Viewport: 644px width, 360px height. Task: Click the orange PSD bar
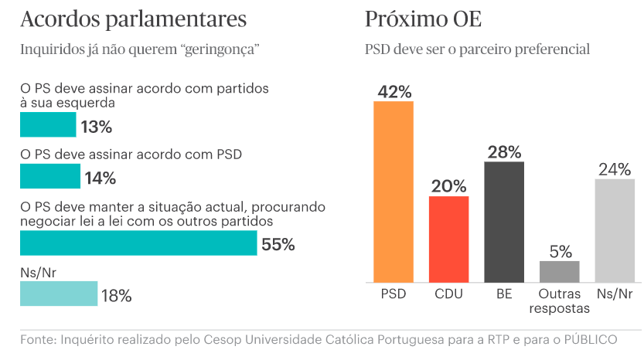click(x=394, y=192)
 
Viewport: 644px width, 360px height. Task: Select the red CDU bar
click(x=449, y=239)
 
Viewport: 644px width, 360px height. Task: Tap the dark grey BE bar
click(x=504, y=222)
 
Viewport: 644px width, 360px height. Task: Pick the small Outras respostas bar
click(x=559, y=271)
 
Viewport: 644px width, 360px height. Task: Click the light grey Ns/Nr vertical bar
click(x=615, y=230)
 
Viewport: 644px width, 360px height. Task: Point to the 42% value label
click(x=394, y=91)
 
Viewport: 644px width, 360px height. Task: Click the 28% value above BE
click(x=504, y=151)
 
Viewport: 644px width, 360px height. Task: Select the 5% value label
click(x=560, y=251)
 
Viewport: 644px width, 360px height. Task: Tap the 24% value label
click(x=615, y=169)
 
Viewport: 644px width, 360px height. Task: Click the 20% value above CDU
click(x=449, y=186)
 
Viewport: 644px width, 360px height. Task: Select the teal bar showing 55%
click(x=138, y=243)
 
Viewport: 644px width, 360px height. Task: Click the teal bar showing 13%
click(x=48, y=125)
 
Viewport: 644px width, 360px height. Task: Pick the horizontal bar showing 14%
click(x=49, y=177)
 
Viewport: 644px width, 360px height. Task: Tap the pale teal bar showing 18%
click(x=59, y=294)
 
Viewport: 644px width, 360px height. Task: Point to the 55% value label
click(x=278, y=245)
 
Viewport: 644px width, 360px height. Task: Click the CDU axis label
click(x=449, y=294)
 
